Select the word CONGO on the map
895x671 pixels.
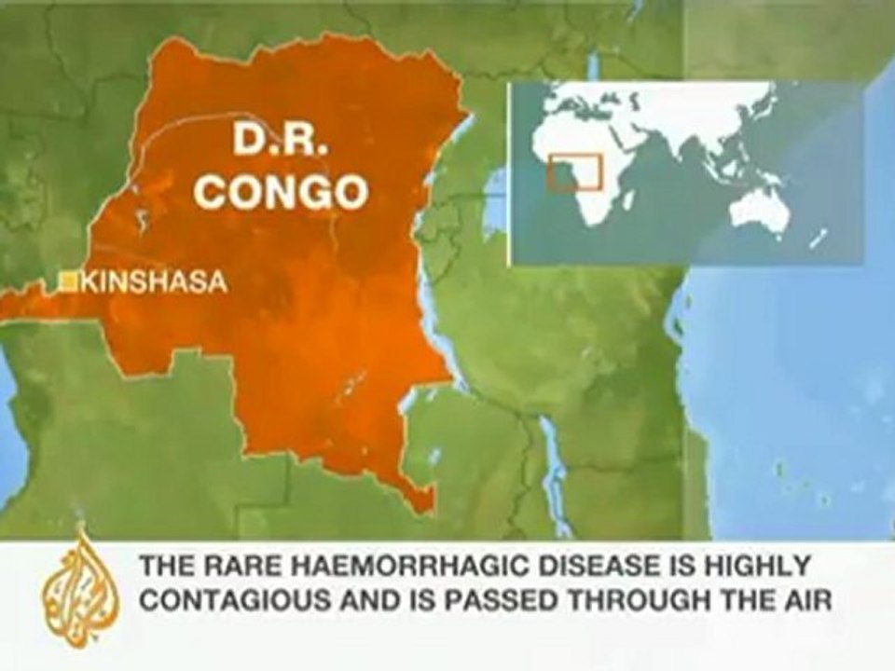tap(283, 192)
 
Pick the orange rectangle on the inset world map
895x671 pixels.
tap(574, 172)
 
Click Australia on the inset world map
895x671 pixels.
tap(759, 211)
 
